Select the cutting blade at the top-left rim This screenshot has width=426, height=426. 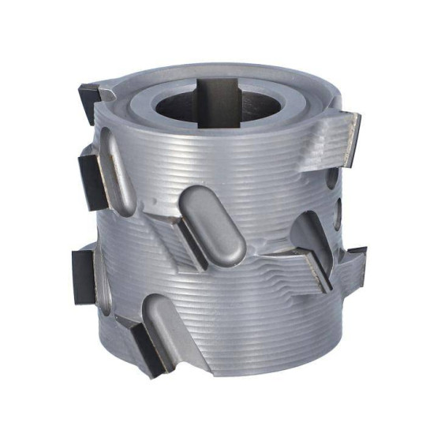pos(89,96)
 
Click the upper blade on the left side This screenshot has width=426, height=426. pos(92,180)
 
